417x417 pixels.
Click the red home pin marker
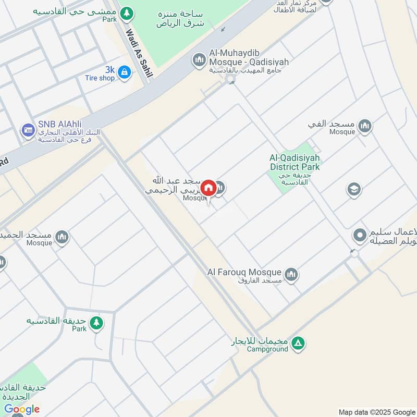coord(208,188)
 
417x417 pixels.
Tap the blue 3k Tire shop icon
coord(124,72)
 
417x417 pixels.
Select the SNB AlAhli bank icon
coord(28,130)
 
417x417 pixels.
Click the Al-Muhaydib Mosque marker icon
coord(199,60)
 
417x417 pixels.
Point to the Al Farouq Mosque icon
coord(291,274)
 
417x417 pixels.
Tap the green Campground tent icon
coord(298,343)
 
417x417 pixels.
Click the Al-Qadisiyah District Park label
coord(295,162)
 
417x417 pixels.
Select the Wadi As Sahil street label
coord(139,52)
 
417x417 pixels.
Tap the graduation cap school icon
coord(354,189)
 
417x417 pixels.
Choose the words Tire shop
coord(100,78)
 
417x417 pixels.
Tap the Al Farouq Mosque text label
coord(244,272)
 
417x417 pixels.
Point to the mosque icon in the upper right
coord(365,126)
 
